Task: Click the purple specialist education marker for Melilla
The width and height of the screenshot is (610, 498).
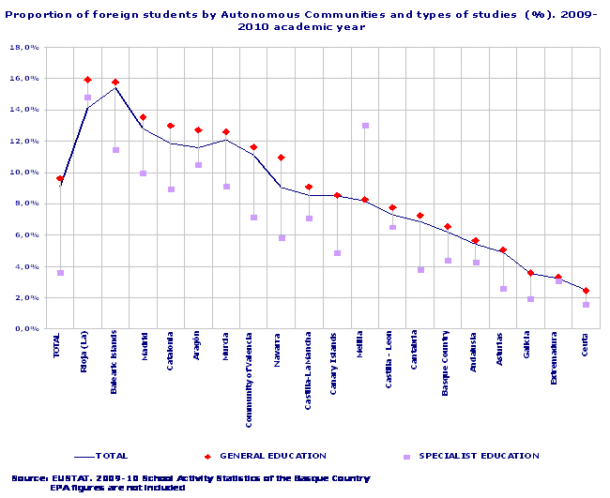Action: pyautogui.click(x=365, y=126)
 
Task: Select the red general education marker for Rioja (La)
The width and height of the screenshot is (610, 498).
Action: pyautogui.click(x=87, y=80)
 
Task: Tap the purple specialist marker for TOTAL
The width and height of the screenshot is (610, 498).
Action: pyautogui.click(x=60, y=273)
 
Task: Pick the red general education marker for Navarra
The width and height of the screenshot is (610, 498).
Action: pyautogui.click(x=282, y=158)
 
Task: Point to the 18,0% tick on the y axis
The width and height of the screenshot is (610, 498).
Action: pyautogui.click(x=25, y=47)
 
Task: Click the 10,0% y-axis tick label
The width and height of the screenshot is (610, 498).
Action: pyautogui.click(x=25, y=173)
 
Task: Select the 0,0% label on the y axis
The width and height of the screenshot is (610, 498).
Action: pyautogui.click(x=27, y=329)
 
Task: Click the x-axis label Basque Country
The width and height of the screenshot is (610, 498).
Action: pyautogui.click(x=447, y=364)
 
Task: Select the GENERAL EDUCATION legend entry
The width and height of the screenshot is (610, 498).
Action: pyautogui.click(x=272, y=456)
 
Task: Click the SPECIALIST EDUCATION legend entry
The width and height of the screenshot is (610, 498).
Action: pyautogui.click(x=479, y=456)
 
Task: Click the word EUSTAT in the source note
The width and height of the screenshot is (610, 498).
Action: pyautogui.click(x=71, y=478)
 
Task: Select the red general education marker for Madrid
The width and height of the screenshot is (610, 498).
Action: pyautogui.click(x=143, y=117)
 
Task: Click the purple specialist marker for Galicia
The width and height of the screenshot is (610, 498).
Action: pyautogui.click(x=530, y=299)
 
